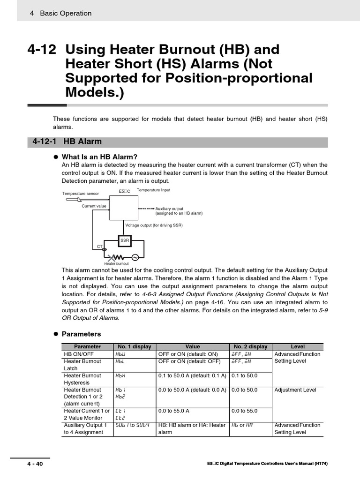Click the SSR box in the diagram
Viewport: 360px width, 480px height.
[124, 240]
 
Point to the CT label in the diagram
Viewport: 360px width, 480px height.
[99, 246]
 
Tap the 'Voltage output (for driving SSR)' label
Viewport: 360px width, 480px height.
[154, 225]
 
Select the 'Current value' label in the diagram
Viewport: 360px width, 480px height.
[94, 206]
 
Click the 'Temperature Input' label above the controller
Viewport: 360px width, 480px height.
[153, 190]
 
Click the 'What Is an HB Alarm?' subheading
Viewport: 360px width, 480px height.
[99, 157]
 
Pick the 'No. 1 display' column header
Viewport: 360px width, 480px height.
[135, 346]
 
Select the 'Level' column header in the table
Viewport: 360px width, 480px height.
[298, 346]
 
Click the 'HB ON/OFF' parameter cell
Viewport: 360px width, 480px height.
[79, 354]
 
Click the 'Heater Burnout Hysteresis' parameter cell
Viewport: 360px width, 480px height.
[82, 379]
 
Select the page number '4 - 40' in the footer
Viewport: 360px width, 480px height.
[36, 464]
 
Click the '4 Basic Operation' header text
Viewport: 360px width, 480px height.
[60, 13]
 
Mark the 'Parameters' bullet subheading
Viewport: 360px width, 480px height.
[81, 334]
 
